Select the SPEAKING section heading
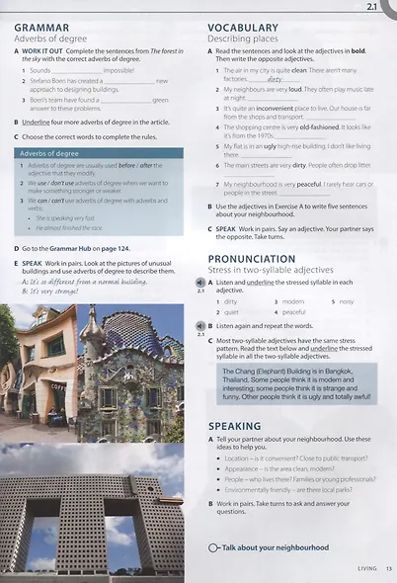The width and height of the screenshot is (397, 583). point(235,426)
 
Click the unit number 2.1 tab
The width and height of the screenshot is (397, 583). point(373,7)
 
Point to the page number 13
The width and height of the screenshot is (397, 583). point(390,567)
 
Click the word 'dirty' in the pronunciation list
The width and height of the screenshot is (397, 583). point(231,300)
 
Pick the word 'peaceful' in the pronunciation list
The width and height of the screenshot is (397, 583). point(294,312)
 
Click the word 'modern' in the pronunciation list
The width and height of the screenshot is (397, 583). point(292,300)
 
